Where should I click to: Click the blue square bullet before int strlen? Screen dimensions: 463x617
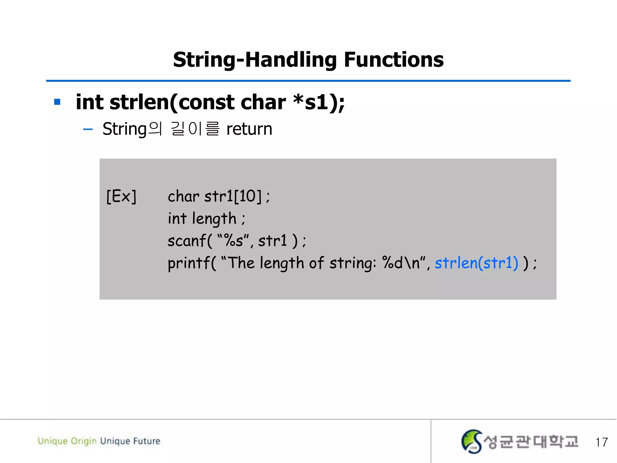(57, 102)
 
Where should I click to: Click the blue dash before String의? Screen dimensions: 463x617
(88, 130)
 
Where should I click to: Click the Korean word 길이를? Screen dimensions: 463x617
(195, 129)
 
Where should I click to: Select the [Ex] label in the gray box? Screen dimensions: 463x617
(121, 197)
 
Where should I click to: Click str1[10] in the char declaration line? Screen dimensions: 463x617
(233, 196)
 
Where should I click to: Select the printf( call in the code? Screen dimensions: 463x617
(192, 263)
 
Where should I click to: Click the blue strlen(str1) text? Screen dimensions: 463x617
(476, 263)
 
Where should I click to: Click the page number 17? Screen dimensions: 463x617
(601, 442)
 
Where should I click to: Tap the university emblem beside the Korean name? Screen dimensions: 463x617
(471, 441)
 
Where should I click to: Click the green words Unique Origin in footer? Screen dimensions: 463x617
(67, 441)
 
